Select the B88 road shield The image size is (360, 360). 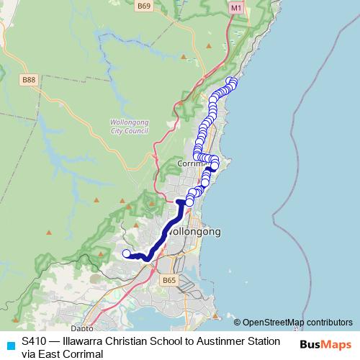pos(29,80)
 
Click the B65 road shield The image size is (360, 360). pos(168,280)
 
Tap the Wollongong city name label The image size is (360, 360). pos(194,233)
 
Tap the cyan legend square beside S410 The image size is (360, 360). pos(9,345)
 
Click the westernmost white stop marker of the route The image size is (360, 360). pos(127,253)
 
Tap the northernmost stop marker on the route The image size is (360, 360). pos(230,81)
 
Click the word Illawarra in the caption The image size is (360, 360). pos(81,341)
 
